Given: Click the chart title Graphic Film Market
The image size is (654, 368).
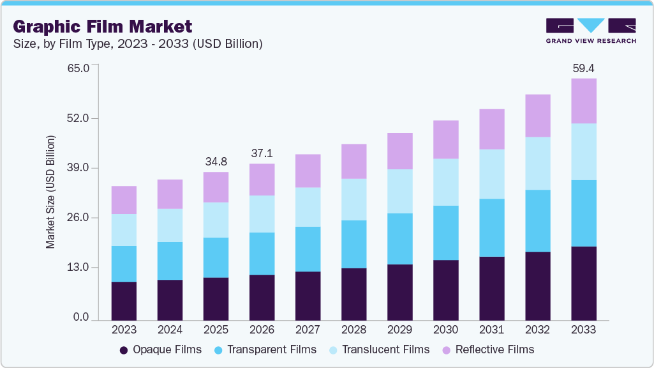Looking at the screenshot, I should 102,27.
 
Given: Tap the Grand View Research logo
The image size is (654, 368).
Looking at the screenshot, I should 590,31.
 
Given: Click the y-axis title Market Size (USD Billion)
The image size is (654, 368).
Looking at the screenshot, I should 50,192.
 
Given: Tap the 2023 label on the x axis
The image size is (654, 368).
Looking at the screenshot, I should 124,330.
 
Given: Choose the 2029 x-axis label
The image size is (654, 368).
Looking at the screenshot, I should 399,330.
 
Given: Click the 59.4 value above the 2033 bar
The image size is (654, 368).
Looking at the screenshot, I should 583,68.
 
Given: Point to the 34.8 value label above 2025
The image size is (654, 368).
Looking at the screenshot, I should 216,162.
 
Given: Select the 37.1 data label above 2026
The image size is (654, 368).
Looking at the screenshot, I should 262,153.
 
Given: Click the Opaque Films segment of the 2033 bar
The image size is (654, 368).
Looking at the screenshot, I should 583,283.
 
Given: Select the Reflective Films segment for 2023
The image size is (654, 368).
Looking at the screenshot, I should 124,200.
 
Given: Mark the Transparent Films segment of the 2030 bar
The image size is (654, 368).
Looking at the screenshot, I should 445,233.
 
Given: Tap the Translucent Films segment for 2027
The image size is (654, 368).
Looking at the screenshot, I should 308,207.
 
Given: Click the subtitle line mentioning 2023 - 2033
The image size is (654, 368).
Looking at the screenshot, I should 137,44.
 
